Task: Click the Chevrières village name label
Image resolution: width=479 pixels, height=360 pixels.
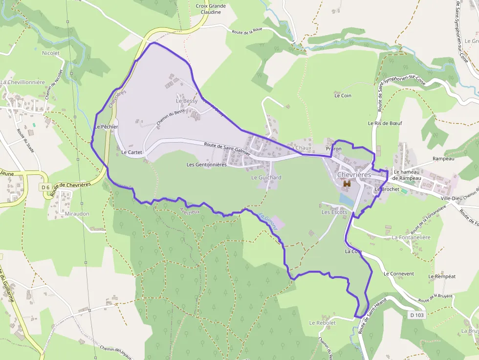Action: point(354,174)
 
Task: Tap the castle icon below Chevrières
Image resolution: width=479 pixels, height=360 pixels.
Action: point(348,184)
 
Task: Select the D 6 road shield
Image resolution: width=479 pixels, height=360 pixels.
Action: point(45,187)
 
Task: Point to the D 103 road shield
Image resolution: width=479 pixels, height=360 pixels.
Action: point(416,315)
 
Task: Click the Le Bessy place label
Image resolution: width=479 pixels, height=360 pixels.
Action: point(187,101)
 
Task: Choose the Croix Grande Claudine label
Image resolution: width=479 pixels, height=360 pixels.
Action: point(211,9)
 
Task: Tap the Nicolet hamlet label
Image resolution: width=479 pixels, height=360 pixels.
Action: point(51,53)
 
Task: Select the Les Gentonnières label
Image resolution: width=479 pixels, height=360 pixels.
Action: point(206,165)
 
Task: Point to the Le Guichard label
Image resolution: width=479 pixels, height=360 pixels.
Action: point(266,177)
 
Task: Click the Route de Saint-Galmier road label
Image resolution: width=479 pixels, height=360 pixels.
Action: point(227,148)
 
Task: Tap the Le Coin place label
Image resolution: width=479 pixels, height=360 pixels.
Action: point(343,96)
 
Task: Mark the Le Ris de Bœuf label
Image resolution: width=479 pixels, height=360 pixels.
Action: point(385,123)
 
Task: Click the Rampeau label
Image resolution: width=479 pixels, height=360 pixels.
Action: point(443,158)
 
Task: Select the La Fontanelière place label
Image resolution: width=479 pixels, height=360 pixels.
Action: point(411,237)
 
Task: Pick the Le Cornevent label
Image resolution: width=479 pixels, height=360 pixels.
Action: point(399,274)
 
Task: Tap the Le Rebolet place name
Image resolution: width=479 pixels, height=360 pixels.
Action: point(323,323)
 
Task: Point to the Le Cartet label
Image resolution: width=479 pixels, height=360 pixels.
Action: point(131,152)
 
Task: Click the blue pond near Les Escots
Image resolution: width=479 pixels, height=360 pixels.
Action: point(346,199)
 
